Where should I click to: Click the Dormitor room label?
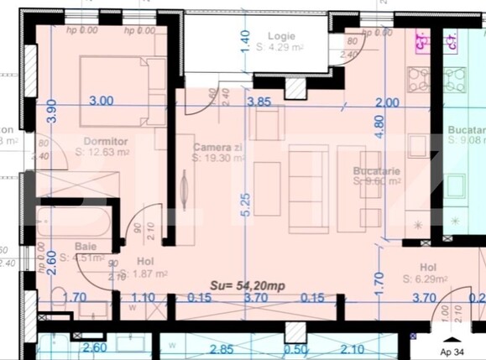(105, 141)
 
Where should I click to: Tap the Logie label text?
(281, 36)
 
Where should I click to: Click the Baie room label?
(85, 247)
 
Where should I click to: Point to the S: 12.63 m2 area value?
(102, 153)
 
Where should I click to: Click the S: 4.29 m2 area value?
(280, 48)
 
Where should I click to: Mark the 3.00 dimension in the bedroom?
(100, 101)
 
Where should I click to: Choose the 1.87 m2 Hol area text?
(146, 274)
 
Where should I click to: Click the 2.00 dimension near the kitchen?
(387, 102)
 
